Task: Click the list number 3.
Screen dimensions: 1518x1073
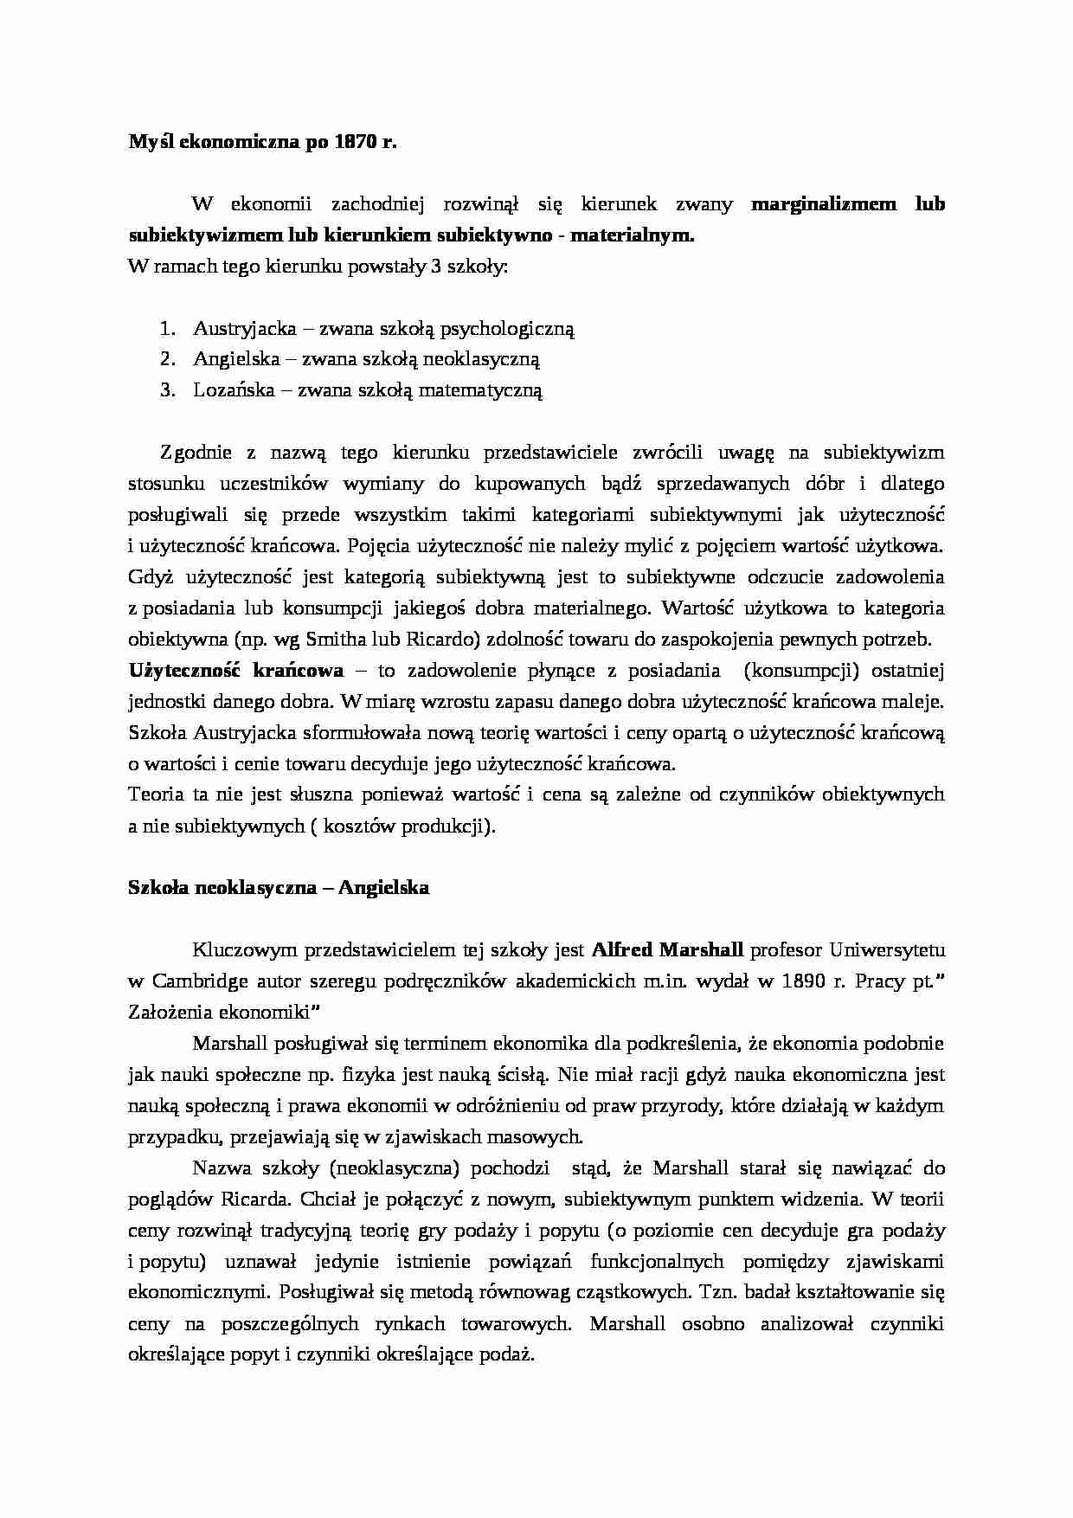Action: pyautogui.click(x=167, y=390)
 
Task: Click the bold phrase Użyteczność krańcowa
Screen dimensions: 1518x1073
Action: pyautogui.click(x=235, y=671)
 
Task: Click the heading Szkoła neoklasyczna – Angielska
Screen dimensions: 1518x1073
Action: pyautogui.click(x=278, y=888)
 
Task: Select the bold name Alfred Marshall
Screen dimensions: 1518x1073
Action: pyautogui.click(x=667, y=950)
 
